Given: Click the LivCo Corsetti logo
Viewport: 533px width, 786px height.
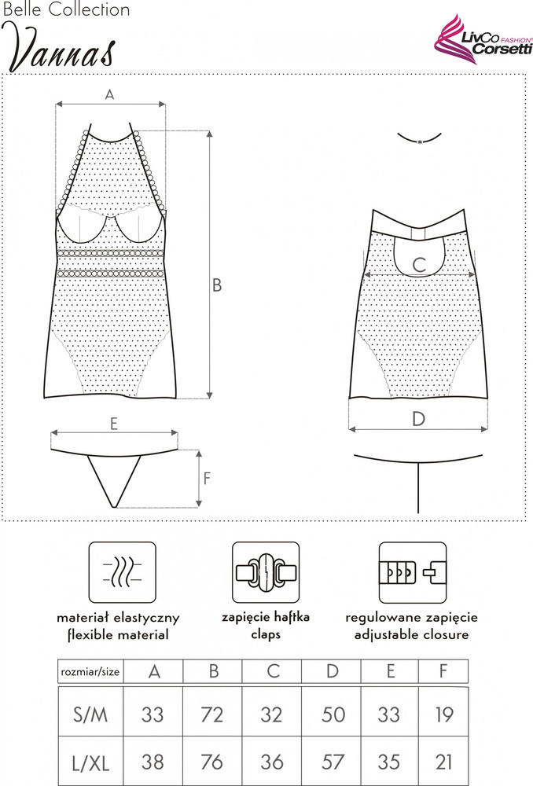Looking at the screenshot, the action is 483,39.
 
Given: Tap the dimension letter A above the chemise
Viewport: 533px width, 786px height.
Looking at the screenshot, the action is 110,94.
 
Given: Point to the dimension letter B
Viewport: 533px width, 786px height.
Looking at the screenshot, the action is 217,285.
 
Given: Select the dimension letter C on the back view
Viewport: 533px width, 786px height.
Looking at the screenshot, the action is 419,264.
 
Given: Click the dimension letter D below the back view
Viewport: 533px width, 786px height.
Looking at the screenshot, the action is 418,419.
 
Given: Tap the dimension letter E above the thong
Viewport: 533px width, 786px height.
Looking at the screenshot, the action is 114,424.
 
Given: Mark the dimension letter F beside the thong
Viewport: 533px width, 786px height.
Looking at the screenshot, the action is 207,478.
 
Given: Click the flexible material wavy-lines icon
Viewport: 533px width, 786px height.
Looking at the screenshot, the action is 123,572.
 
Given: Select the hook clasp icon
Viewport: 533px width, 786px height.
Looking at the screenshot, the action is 266,572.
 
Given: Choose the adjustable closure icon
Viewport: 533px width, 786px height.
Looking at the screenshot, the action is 412,572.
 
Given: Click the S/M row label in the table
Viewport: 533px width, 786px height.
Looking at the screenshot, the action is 90,714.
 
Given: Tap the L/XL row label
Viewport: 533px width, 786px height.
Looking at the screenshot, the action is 90,763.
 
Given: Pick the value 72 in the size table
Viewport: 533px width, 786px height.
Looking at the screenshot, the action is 211,714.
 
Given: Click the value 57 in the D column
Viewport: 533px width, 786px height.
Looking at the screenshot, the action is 333,762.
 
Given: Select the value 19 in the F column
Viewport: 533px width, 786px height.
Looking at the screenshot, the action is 444,714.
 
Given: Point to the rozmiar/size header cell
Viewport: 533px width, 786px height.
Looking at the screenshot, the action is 90,671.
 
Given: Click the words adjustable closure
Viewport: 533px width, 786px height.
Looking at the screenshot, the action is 412,634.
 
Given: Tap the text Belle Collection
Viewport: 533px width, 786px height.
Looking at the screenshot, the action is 66,9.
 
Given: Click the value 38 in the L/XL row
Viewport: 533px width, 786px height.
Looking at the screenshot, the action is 153,762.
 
